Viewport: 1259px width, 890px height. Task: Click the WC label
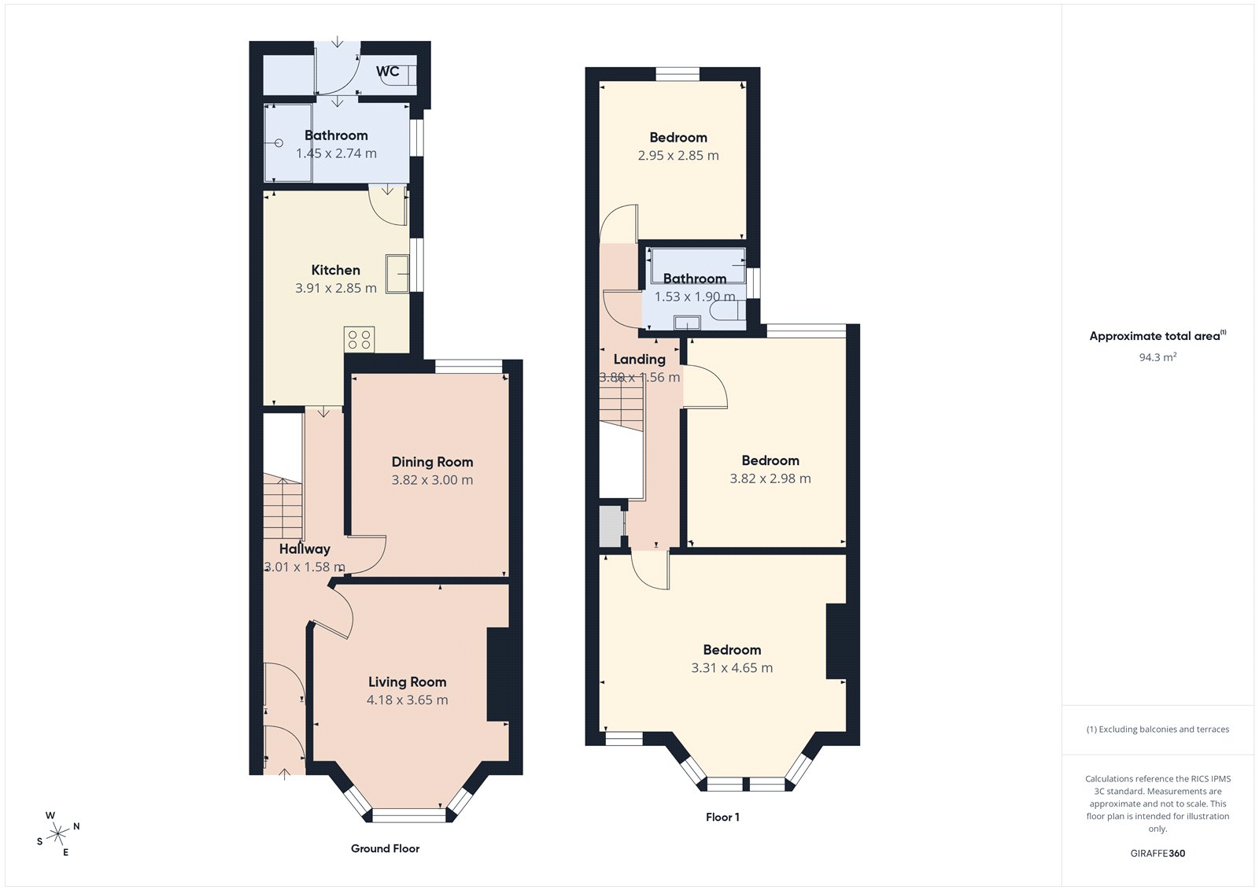pos(387,72)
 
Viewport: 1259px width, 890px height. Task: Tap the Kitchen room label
pos(335,270)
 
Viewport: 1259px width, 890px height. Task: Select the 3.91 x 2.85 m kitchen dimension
pos(335,288)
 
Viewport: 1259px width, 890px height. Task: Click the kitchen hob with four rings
pos(359,340)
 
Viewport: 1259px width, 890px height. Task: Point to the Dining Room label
pos(432,462)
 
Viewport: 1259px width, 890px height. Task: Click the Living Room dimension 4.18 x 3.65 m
pos(407,700)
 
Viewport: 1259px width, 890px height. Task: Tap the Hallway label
pos(305,548)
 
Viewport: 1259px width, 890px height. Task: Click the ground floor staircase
pos(282,508)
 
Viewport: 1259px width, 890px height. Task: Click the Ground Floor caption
pos(385,848)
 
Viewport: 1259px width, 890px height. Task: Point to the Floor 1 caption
pos(722,817)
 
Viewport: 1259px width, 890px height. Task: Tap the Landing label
pos(639,359)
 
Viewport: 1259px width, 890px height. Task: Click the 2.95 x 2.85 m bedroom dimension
pos(678,156)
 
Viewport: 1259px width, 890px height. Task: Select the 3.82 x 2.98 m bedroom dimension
pos(770,478)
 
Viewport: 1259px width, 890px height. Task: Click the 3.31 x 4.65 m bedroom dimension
pos(732,668)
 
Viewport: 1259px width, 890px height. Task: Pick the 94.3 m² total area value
pos(1157,357)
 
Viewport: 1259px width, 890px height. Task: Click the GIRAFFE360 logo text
pos(1157,853)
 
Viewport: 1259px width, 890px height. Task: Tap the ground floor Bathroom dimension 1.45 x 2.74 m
pos(336,153)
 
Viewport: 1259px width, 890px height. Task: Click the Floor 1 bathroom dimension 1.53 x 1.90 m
pos(695,297)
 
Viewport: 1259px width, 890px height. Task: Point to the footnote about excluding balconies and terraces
pos(1157,729)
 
